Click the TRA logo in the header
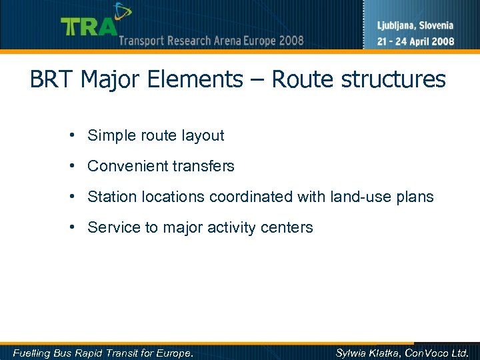tap(89, 25)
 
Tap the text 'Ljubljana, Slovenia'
tap(415, 26)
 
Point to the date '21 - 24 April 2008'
tap(415, 41)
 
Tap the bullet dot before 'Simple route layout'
tap(70, 135)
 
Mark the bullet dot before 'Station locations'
tap(70, 197)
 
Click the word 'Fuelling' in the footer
tap(31, 353)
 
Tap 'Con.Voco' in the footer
tap(429, 353)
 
